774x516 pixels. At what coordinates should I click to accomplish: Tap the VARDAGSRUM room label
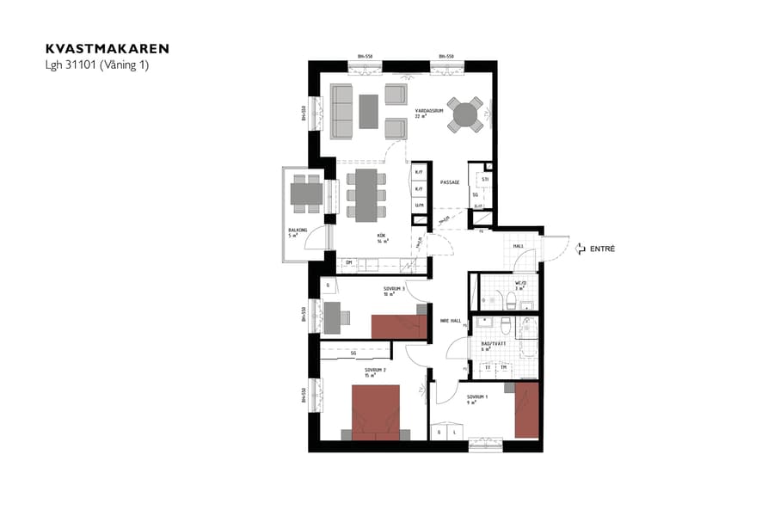(427, 111)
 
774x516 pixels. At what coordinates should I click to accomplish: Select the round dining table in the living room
(464, 114)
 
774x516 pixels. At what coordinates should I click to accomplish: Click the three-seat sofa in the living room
(339, 111)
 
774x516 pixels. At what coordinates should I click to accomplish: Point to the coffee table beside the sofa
(369, 111)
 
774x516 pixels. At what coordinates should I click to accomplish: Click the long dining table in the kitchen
(365, 194)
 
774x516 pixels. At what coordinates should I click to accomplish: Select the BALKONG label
(298, 230)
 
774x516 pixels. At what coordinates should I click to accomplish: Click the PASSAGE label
(450, 182)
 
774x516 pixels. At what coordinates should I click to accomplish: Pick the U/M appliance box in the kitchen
(420, 205)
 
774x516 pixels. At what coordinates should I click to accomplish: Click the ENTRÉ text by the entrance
(602, 249)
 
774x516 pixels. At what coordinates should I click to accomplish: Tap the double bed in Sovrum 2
(376, 412)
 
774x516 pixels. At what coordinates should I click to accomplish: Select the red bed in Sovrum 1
(526, 411)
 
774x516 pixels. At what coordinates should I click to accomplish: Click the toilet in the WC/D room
(511, 298)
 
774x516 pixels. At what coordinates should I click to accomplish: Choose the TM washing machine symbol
(504, 368)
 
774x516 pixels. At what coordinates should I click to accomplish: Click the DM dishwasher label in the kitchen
(350, 262)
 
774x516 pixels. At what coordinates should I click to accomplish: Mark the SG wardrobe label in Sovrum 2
(353, 353)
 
